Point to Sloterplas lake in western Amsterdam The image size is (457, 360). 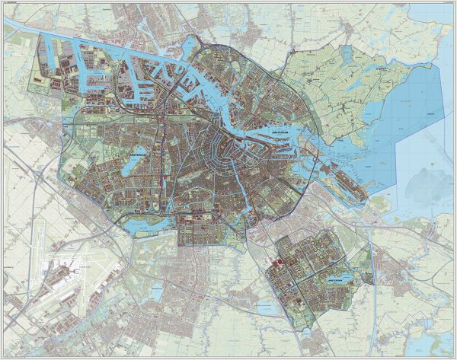[125, 166]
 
